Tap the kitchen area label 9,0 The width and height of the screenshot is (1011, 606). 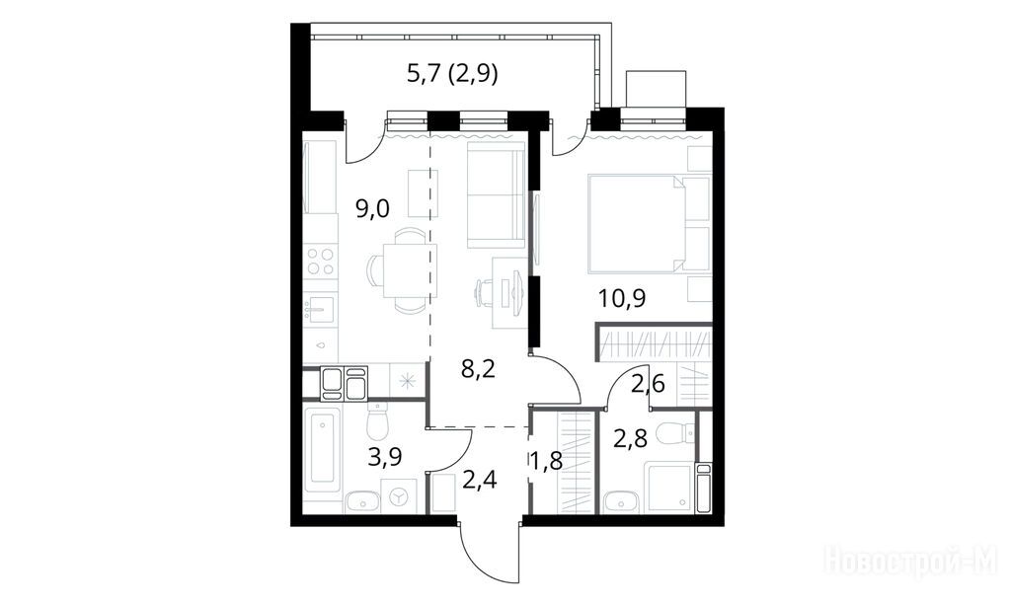372,209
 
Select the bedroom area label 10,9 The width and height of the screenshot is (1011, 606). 622,298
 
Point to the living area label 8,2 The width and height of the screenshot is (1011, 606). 479,370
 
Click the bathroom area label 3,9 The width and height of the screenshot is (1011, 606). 385,457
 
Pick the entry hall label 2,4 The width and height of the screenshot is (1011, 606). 480,480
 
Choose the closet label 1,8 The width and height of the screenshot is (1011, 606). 546,462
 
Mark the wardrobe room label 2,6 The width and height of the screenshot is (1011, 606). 648,384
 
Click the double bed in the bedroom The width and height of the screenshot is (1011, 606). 649,223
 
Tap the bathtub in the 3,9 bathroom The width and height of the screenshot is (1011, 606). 322,448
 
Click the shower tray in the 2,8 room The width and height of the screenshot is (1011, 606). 670,488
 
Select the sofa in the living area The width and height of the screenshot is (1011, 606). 497,196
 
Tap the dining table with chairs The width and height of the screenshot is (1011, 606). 403,270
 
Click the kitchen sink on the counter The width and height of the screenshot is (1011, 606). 321,311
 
